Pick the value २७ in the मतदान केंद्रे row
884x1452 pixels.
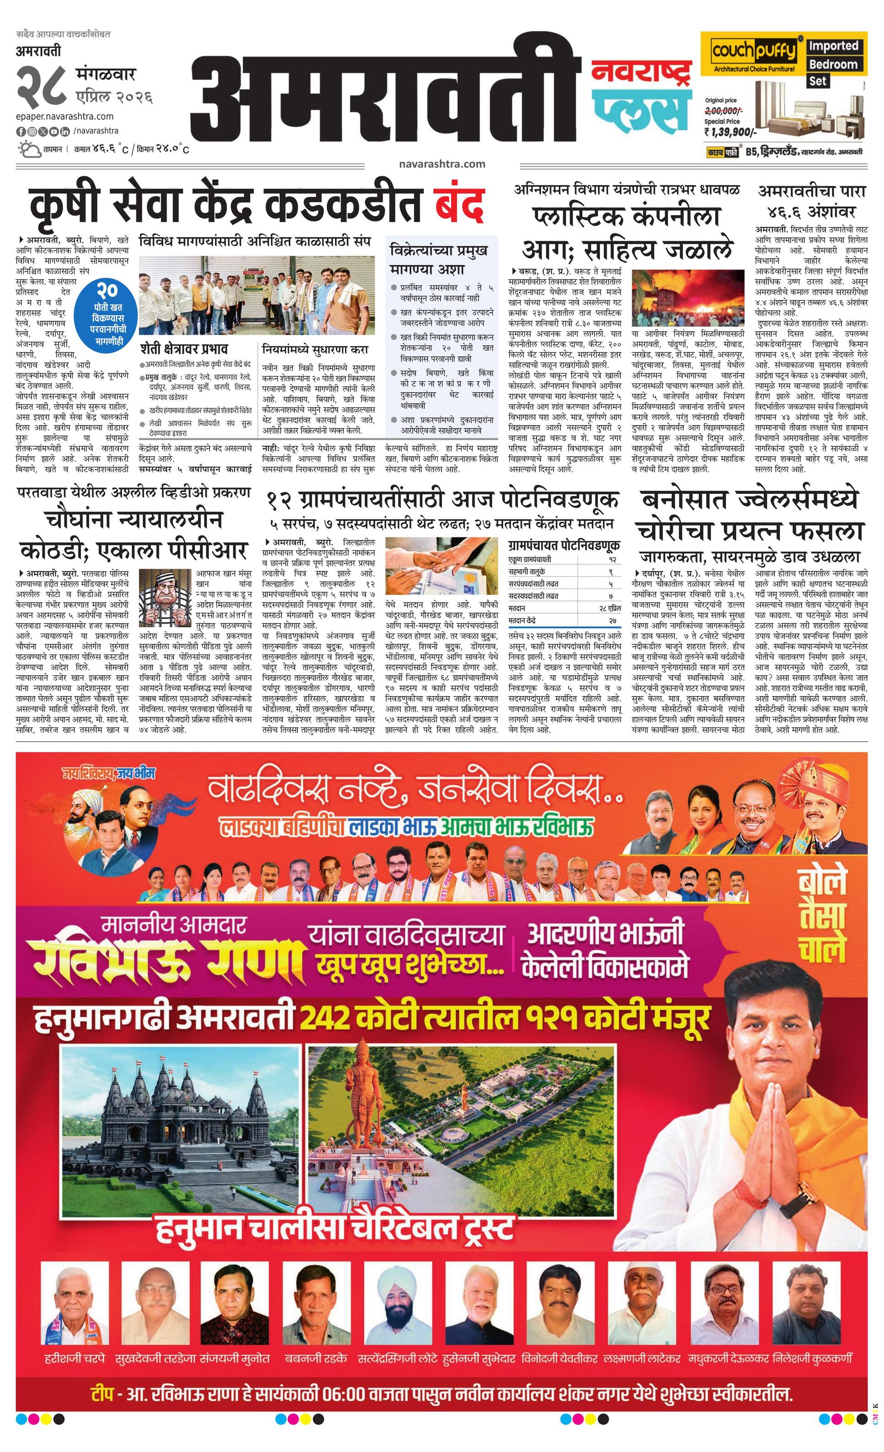[613, 621]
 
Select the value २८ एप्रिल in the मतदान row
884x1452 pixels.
[610, 608]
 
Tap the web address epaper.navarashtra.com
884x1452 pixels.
[65, 117]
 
